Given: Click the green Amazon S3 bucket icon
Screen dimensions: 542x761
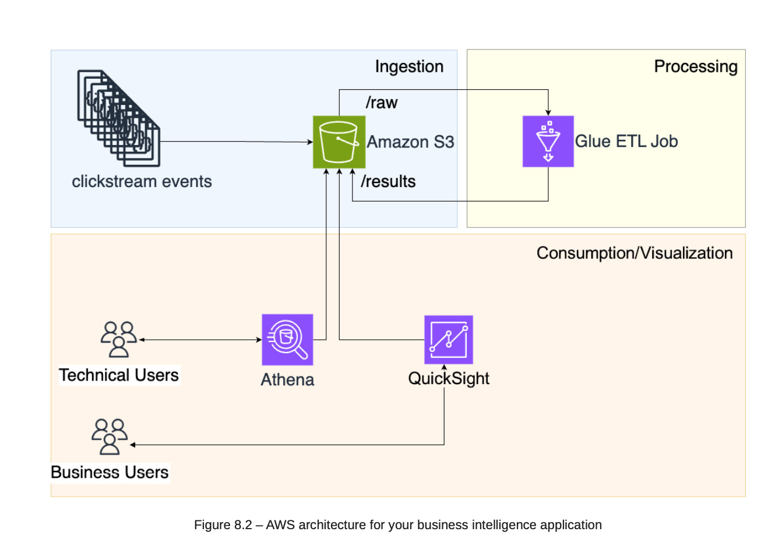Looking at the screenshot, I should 339,142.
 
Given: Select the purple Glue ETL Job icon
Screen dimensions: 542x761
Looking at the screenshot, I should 548,142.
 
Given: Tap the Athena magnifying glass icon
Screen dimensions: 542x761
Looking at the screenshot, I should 287,340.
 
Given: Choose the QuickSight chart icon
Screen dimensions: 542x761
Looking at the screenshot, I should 448,340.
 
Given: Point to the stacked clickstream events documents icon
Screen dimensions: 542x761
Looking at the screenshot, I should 119,118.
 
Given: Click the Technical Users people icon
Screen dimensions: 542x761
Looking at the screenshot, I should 119,339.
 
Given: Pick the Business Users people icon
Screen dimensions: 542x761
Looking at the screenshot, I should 110,437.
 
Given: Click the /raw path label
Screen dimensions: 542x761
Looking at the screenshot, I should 382,103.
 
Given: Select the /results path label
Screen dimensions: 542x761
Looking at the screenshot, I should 388,181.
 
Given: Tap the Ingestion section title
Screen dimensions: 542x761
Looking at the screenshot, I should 409,66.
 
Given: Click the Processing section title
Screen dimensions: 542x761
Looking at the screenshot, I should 695,66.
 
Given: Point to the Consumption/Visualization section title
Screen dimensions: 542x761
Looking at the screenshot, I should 634,253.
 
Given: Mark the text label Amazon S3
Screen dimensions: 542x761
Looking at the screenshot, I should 410,142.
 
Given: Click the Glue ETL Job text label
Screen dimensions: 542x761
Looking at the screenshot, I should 626,141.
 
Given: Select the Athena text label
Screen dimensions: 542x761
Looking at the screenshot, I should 287,379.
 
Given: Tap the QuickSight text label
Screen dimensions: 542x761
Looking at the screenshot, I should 449,378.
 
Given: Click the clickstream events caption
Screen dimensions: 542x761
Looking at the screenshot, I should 142,181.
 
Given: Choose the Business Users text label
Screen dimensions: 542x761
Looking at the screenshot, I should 110,472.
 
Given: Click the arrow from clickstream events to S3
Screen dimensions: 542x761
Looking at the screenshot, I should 236,142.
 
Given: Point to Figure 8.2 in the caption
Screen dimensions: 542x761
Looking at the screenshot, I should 223,525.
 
